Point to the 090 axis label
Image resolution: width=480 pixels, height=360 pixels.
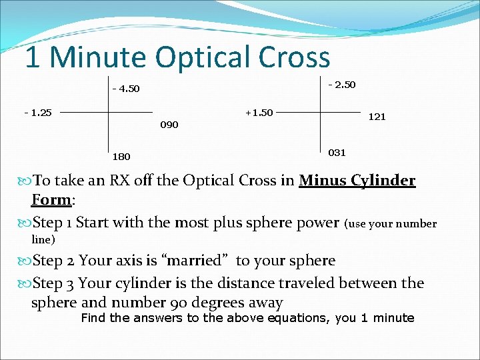coord(169,125)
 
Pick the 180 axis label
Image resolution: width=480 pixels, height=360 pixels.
coord(121,157)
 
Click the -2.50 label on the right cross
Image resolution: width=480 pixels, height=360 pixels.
coord(342,85)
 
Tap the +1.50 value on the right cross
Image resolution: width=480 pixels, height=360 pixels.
coord(259,112)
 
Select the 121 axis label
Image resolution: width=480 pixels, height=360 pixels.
coord(377,117)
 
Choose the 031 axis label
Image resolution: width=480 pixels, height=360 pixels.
coord(337,153)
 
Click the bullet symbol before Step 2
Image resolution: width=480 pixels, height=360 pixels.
coord(26,261)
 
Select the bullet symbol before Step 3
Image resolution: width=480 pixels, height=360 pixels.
coord(26,283)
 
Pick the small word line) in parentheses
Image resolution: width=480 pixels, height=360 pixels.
coord(43,239)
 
